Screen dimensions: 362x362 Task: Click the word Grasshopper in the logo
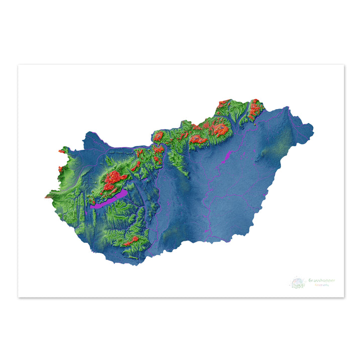[x=322, y=281]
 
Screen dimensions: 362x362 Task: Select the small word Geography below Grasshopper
[x=322, y=286]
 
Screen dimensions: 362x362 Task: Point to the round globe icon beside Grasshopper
[x=298, y=283]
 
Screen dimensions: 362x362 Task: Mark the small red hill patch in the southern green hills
[x=132, y=241]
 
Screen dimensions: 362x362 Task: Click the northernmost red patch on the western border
[x=62, y=150]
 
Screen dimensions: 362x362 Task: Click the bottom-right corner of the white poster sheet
[x=344, y=297]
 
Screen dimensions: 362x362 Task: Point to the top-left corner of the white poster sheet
[x=18, y=65]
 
